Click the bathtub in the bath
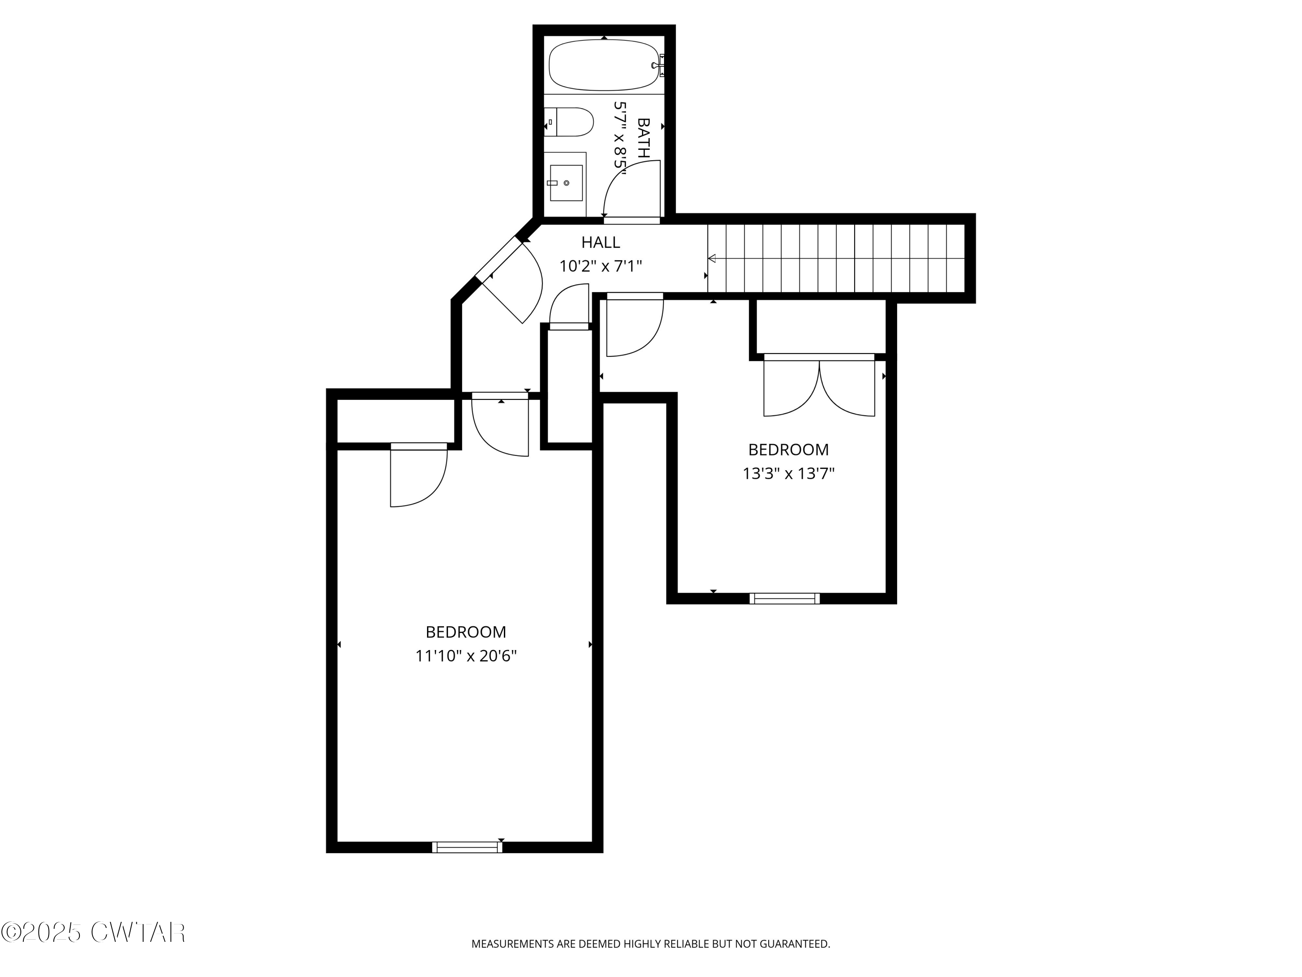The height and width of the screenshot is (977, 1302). point(603,65)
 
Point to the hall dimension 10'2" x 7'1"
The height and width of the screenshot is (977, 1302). point(600,267)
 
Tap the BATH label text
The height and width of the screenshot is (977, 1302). point(644,137)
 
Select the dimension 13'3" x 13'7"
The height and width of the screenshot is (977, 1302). point(788,473)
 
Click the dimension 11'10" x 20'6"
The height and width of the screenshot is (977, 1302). point(466,656)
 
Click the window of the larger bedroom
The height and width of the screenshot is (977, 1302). point(467,847)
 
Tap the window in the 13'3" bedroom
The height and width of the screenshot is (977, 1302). point(784,598)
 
